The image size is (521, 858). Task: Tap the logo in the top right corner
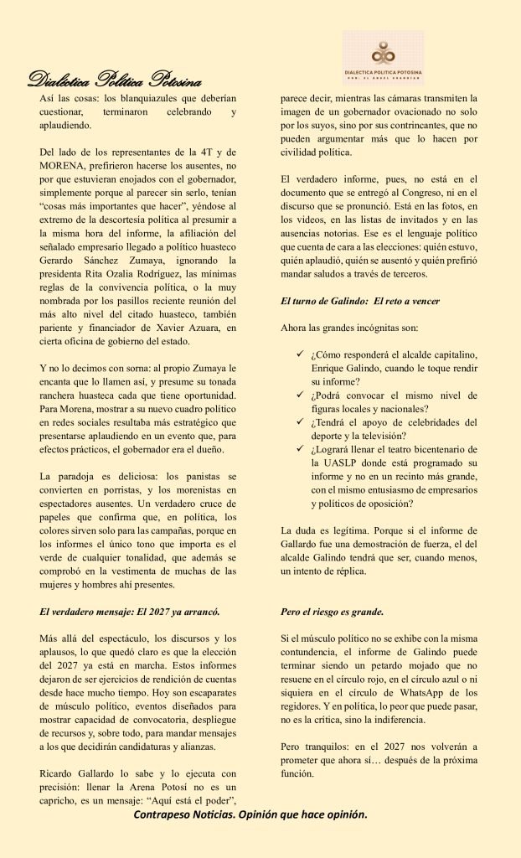click(383, 58)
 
